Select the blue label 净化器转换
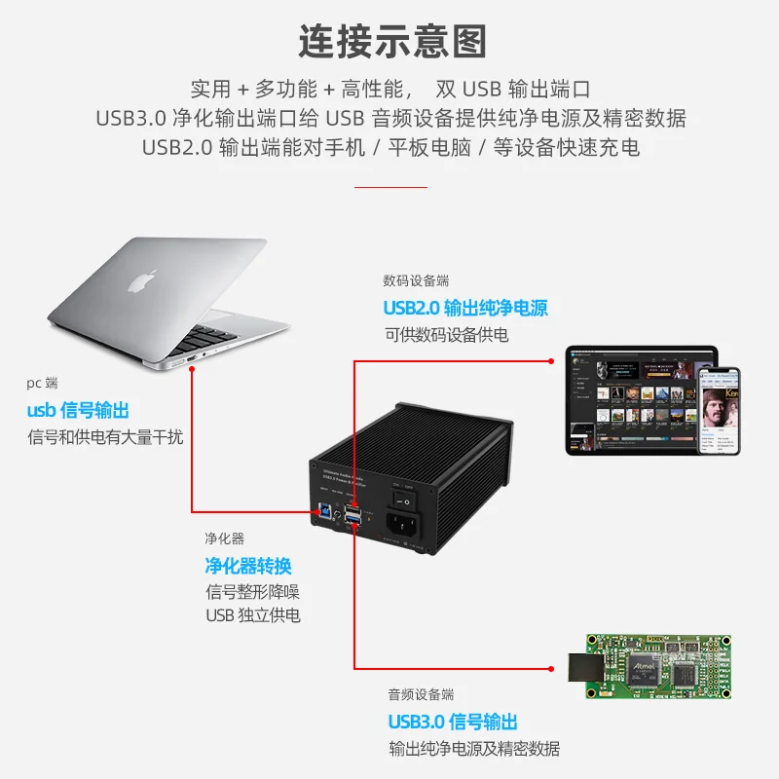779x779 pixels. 248,566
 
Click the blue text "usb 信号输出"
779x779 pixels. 78,411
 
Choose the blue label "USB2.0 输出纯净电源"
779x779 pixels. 465,309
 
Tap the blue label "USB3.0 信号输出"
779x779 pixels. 453,722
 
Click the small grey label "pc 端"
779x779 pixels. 42,384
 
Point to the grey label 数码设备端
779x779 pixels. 417,281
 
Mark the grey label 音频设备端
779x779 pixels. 421,694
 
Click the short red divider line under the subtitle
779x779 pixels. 390,186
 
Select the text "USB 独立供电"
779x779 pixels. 253,615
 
